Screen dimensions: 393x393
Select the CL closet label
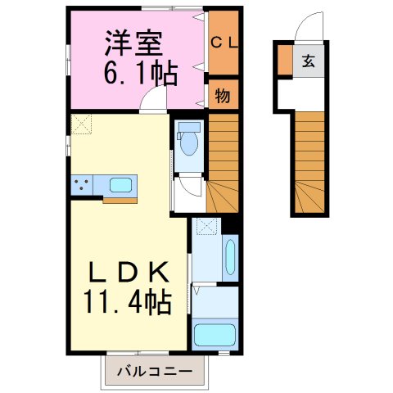(x=222, y=43)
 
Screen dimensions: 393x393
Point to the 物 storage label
(x=222, y=94)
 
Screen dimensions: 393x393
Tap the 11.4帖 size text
(x=127, y=304)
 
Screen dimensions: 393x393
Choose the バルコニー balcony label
(x=154, y=371)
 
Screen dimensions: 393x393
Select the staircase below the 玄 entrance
(x=309, y=160)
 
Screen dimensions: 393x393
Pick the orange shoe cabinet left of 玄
(x=283, y=61)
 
